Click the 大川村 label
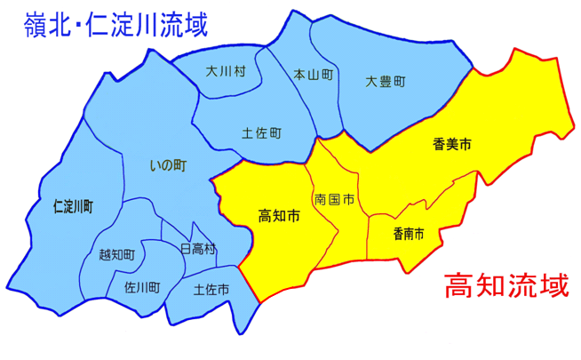pyautogui.click(x=225, y=71)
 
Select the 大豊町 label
pyautogui.click(x=386, y=81)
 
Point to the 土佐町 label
pyautogui.click(x=261, y=133)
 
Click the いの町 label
pyautogui.click(x=168, y=164)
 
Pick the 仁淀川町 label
pyautogui.click(x=74, y=205)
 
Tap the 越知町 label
pyautogui.click(x=118, y=255)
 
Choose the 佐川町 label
pyautogui.click(x=142, y=287)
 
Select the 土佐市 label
pyautogui.click(x=211, y=290)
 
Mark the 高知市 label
pyautogui.click(x=277, y=216)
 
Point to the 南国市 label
pyautogui.click(x=334, y=200)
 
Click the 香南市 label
pyautogui.click(x=408, y=234)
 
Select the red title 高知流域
pyautogui.click(x=505, y=288)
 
